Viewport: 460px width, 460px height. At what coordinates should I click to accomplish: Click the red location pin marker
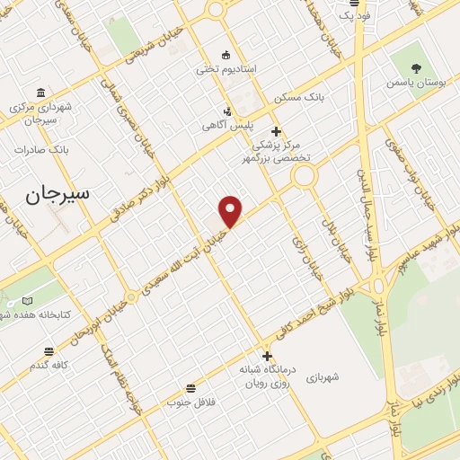point(231,210)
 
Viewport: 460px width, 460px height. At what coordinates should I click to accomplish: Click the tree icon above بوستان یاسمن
point(416,67)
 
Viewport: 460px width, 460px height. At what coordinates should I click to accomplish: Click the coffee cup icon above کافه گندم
point(49,350)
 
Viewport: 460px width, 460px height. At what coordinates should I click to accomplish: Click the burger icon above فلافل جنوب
point(190,388)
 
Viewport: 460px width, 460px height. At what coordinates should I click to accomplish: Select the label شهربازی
point(345,377)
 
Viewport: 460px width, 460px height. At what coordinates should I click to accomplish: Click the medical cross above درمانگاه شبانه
point(267,356)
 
